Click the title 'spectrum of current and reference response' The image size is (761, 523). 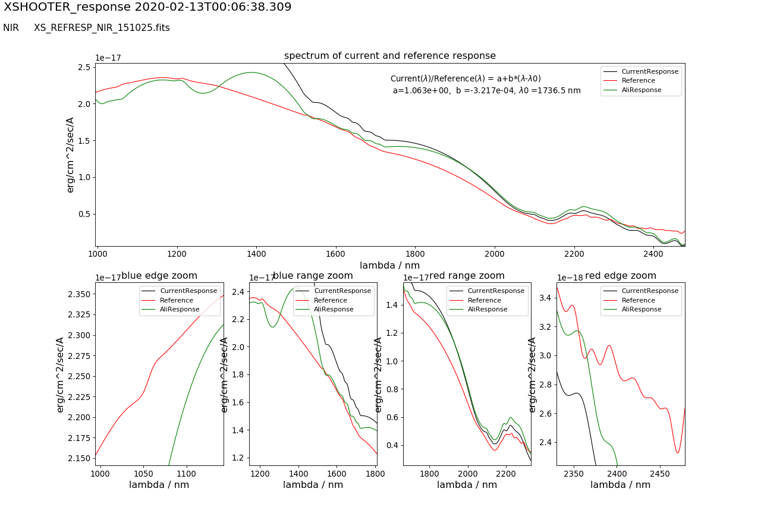point(389,56)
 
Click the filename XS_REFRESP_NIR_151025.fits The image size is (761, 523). point(102,28)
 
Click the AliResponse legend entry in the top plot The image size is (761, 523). point(641,90)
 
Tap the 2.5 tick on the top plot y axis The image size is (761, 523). point(84,67)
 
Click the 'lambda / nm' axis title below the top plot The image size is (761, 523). point(389,265)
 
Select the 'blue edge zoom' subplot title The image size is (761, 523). point(159,276)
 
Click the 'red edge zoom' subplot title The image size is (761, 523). point(621,276)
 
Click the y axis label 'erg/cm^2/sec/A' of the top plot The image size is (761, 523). point(70,155)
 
